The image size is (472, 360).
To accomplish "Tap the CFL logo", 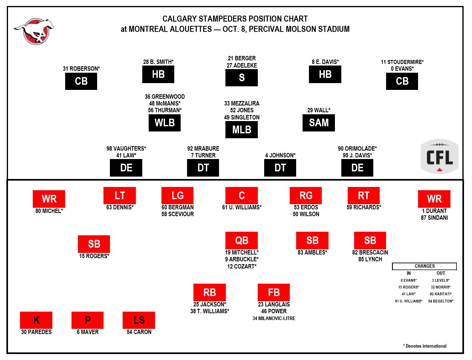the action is click(x=440, y=157).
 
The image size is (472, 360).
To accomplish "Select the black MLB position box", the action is click(x=241, y=130).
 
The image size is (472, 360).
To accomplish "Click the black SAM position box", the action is click(x=319, y=123).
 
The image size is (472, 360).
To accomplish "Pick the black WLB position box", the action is click(x=165, y=123).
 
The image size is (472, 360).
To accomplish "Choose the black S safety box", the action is click(x=241, y=78).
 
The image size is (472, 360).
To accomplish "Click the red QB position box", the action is click(x=241, y=241).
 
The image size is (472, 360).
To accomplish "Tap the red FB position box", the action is click(x=274, y=292).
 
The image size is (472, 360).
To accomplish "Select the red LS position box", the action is click(x=139, y=320).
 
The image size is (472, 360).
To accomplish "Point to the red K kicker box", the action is click(x=36, y=320).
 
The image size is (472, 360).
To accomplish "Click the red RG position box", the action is click(x=305, y=195).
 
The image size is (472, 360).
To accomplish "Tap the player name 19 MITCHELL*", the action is click(x=242, y=252).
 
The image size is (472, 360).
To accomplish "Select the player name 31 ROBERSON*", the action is click(x=81, y=69).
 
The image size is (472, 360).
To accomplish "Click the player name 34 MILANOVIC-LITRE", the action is click(x=274, y=318).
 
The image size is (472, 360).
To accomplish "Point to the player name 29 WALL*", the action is click(x=319, y=110).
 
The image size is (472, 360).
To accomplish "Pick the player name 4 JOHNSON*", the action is click(x=280, y=155).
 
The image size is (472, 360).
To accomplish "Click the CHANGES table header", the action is click(x=424, y=266).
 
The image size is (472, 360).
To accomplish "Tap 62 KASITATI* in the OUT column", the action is click(x=441, y=294).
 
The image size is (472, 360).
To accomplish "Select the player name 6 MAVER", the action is click(x=88, y=332).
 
